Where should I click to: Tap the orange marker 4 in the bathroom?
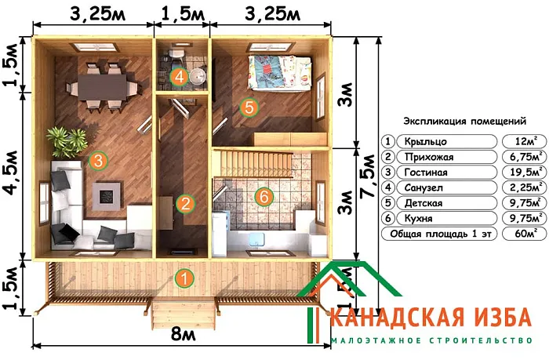(x=180, y=77)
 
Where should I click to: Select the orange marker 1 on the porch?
(x=184, y=277)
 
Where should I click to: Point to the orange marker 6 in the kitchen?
(x=264, y=197)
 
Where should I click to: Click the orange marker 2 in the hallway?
(x=185, y=204)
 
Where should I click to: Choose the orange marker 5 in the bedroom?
(x=249, y=108)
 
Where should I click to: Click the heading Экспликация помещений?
(x=464, y=122)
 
